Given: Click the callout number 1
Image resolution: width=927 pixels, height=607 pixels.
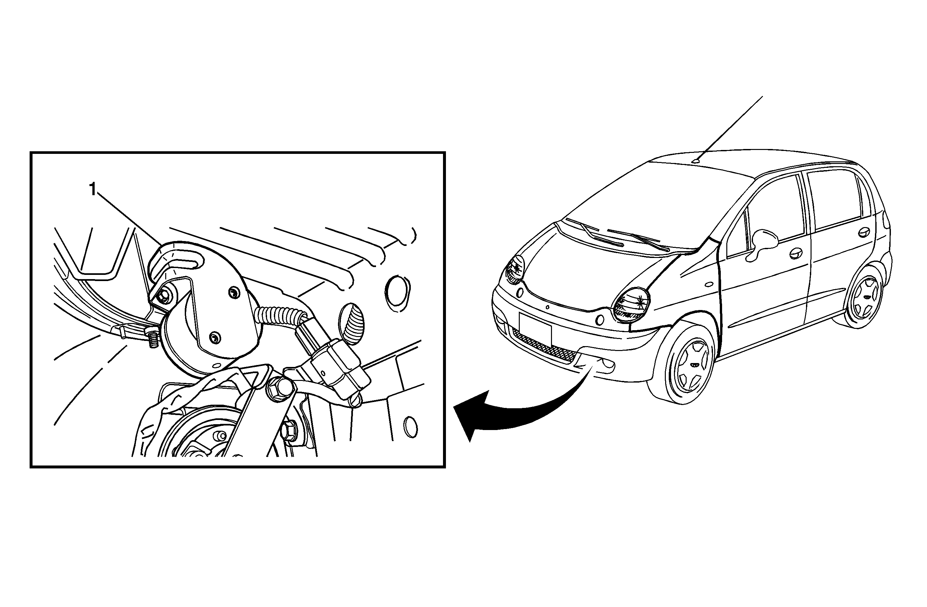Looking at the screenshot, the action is [x=93, y=190].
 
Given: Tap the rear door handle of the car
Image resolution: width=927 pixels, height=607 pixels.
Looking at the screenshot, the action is [x=864, y=232].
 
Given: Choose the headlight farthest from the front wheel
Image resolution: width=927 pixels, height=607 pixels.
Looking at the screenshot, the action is [x=515, y=269].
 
